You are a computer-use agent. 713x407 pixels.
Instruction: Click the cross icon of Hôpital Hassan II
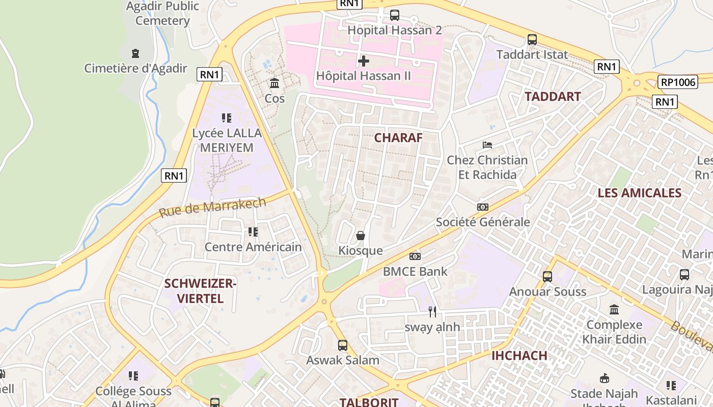363,61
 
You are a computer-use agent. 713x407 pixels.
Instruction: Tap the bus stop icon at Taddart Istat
532,39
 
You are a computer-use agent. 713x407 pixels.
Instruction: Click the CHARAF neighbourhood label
398,138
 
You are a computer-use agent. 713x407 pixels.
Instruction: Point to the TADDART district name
553,97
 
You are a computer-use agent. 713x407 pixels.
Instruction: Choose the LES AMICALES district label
639,193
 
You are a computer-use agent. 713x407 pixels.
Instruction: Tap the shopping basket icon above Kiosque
361,236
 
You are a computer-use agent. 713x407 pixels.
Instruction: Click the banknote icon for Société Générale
482,207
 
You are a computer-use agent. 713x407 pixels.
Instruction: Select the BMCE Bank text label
415,271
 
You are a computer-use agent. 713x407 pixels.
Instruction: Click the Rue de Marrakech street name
212,207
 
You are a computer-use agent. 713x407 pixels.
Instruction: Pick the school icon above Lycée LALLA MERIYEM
227,118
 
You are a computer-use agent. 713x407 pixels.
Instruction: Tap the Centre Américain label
253,247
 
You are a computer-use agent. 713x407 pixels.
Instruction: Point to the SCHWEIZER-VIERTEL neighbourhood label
200,291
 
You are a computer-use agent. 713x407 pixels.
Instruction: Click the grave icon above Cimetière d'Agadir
135,53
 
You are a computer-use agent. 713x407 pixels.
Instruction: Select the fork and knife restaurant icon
432,312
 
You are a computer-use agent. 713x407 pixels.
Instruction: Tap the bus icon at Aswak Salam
342,345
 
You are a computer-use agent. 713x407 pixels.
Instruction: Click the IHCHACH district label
519,356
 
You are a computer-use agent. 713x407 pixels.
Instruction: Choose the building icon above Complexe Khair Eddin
614,309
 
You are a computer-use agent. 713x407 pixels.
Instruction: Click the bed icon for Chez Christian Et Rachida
487,145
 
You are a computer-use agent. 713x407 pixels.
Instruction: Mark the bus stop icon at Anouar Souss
547,277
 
